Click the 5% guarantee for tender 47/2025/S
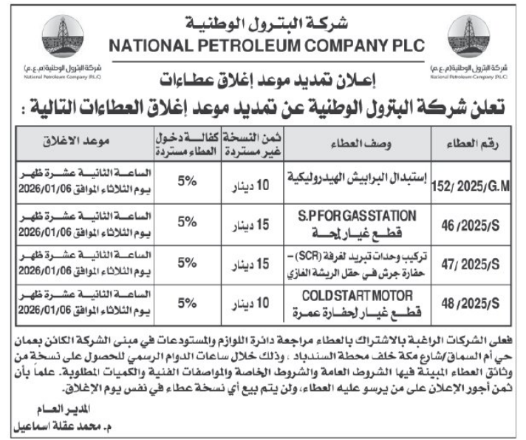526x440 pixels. [x=188, y=263]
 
